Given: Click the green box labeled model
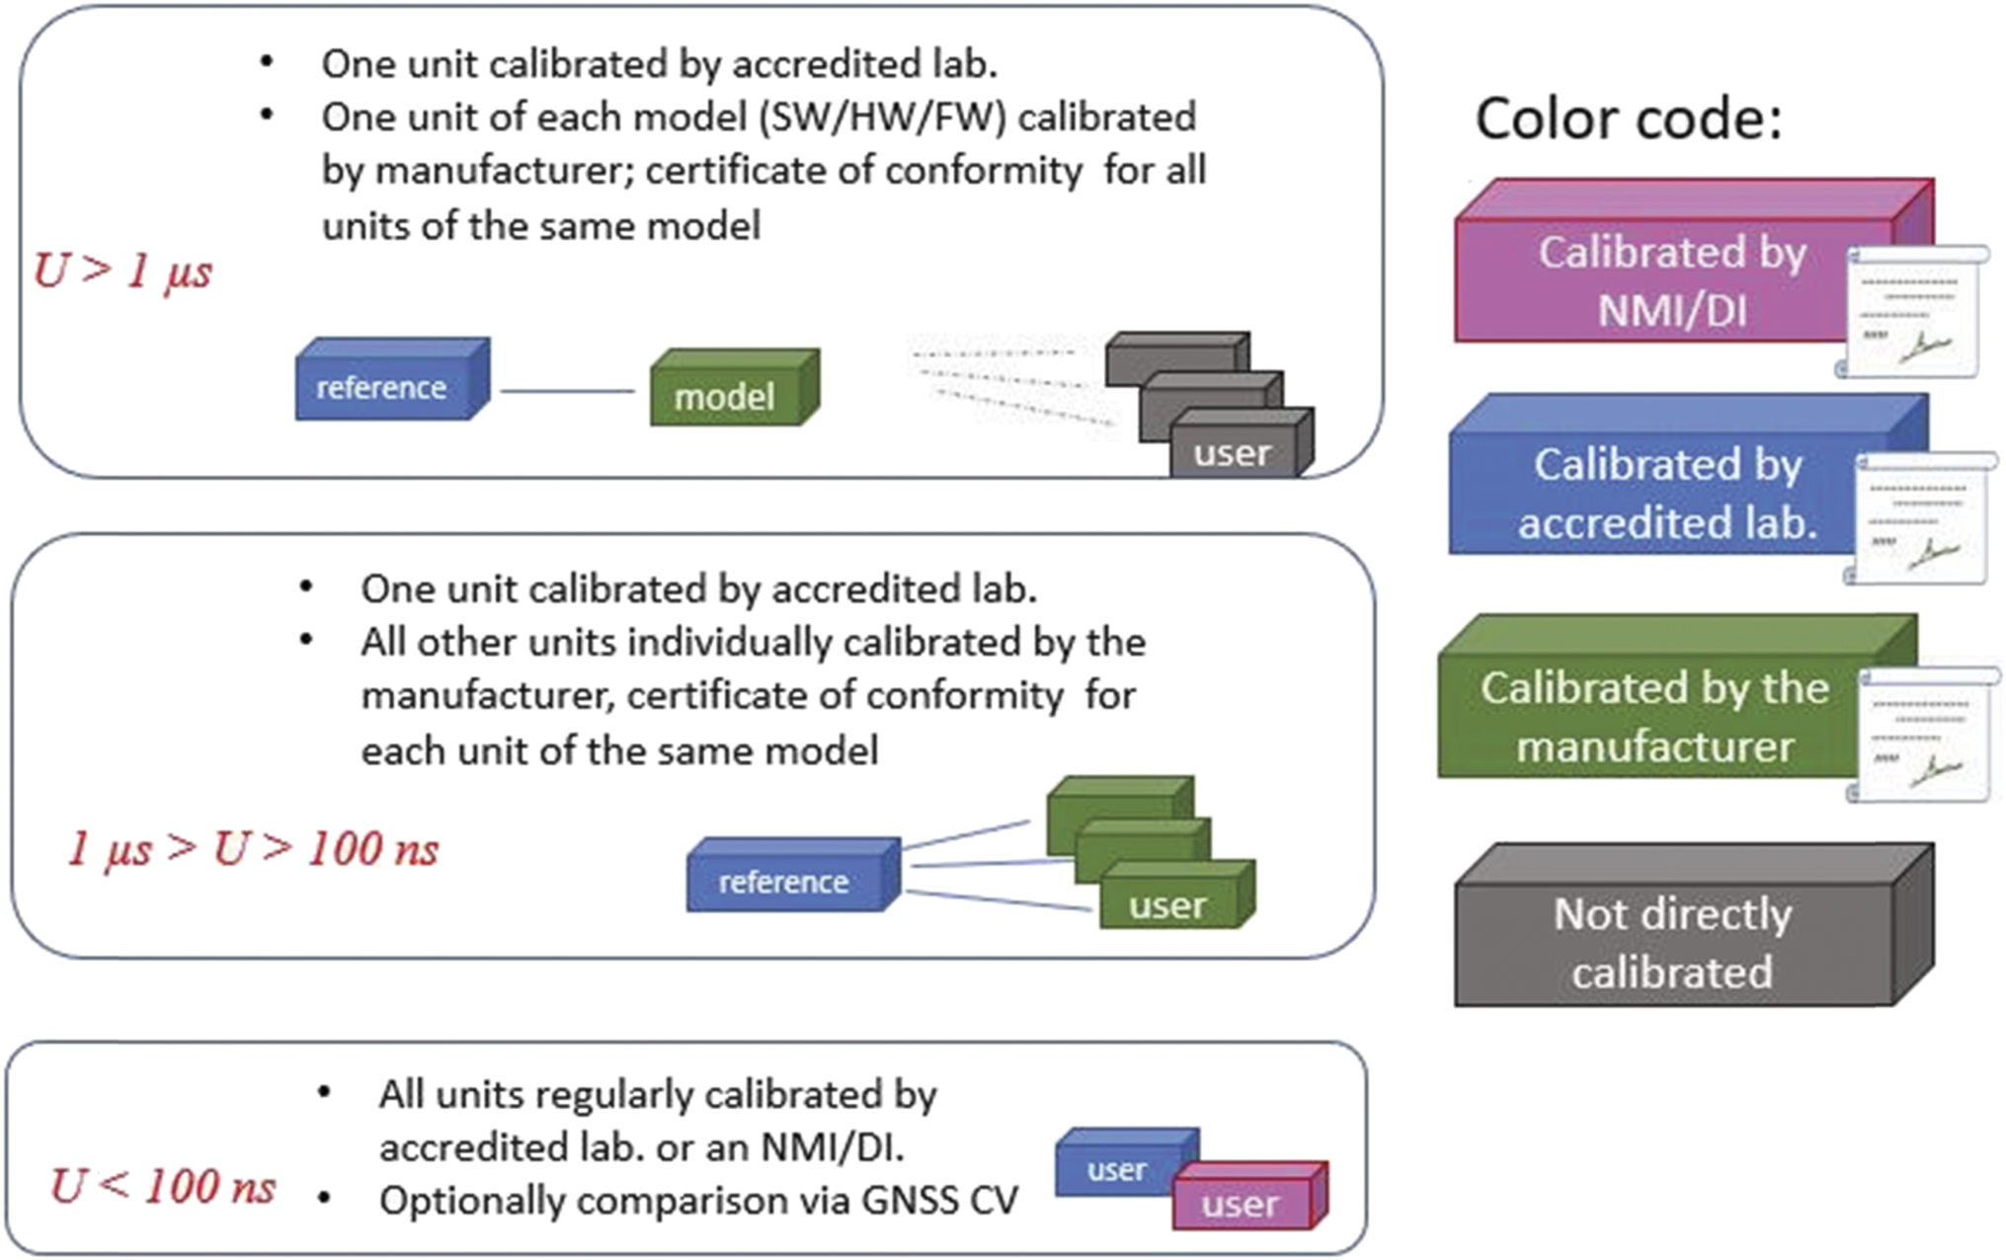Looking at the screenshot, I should (x=726, y=395).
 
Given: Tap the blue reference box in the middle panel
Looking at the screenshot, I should (x=784, y=881).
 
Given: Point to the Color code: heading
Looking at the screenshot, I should (x=1628, y=119).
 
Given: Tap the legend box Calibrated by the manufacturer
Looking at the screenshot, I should (x=1653, y=716).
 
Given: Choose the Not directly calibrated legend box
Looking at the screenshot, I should (x=1673, y=942).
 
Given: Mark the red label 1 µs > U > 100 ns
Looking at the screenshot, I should (x=253, y=849).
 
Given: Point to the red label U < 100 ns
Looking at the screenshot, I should (x=163, y=1186).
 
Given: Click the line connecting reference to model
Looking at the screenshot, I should (x=567, y=392).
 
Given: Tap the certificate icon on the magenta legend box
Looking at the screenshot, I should (x=1914, y=311).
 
